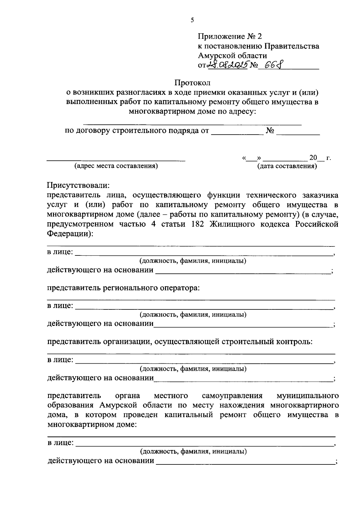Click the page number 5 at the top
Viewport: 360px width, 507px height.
(192, 20)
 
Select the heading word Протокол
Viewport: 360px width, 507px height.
(193, 82)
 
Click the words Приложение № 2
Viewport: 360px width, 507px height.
(229, 37)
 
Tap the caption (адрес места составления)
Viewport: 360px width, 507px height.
(116, 166)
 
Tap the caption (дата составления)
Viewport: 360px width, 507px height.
(287, 166)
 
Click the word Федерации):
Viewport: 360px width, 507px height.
(70, 234)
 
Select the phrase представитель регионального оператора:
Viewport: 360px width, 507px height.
(124, 288)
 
